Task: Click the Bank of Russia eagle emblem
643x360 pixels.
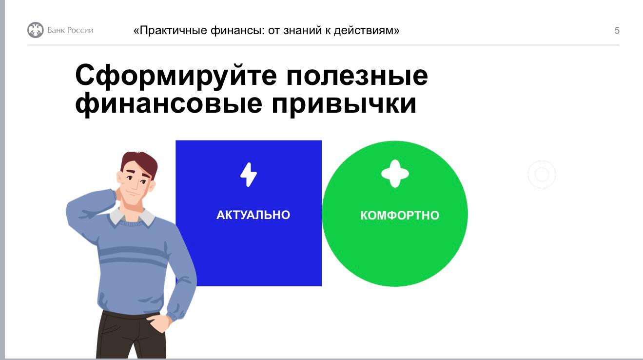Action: pyautogui.click(x=35, y=30)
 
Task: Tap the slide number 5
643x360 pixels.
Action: pyautogui.click(x=617, y=30)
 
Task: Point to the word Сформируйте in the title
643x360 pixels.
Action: pyautogui.click(x=176, y=76)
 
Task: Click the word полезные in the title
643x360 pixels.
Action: pyautogui.click(x=357, y=76)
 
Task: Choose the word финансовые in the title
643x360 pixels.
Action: pyautogui.click(x=169, y=103)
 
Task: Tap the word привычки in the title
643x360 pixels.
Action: pyautogui.click(x=344, y=104)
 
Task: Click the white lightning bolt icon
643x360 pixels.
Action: pyautogui.click(x=249, y=175)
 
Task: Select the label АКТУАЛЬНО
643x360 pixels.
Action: pyautogui.click(x=253, y=215)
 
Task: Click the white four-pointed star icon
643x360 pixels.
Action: pyautogui.click(x=395, y=174)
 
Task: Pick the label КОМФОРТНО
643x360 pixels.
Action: pyautogui.click(x=400, y=215)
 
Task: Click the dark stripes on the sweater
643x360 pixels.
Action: pyautogui.click(x=133, y=256)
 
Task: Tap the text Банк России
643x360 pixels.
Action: pyautogui.click(x=70, y=30)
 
